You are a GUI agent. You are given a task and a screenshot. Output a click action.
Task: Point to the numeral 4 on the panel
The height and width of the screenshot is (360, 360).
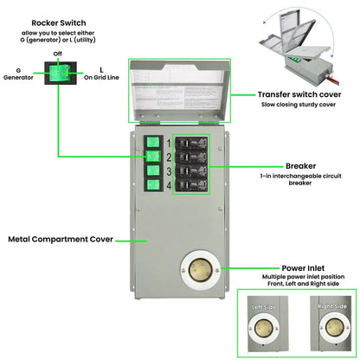[x=169, y=185]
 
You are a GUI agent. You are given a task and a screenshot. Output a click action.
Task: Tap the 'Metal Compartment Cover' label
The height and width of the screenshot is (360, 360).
[x=59, y=239]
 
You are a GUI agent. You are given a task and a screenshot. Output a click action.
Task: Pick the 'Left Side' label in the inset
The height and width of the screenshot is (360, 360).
[x=264, y=307]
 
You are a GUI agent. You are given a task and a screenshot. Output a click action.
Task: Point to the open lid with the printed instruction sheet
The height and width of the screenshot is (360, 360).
[x=180, y=87]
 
